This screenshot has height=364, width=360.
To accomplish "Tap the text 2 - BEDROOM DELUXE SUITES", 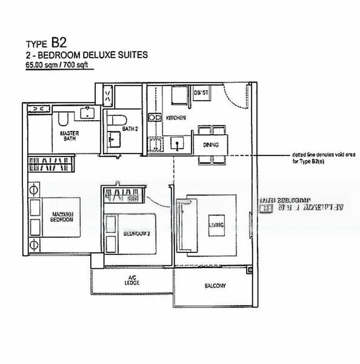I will [86, 55].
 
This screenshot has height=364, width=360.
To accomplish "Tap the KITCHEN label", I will [176, 117].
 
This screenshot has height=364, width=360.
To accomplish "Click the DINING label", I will [211, 144].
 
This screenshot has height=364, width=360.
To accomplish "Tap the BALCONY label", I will [215, 286].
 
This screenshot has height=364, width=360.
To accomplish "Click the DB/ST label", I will [201, 93].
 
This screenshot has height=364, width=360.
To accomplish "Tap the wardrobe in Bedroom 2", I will [124, 195].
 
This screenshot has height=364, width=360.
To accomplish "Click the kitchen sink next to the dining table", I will [177, 143].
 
